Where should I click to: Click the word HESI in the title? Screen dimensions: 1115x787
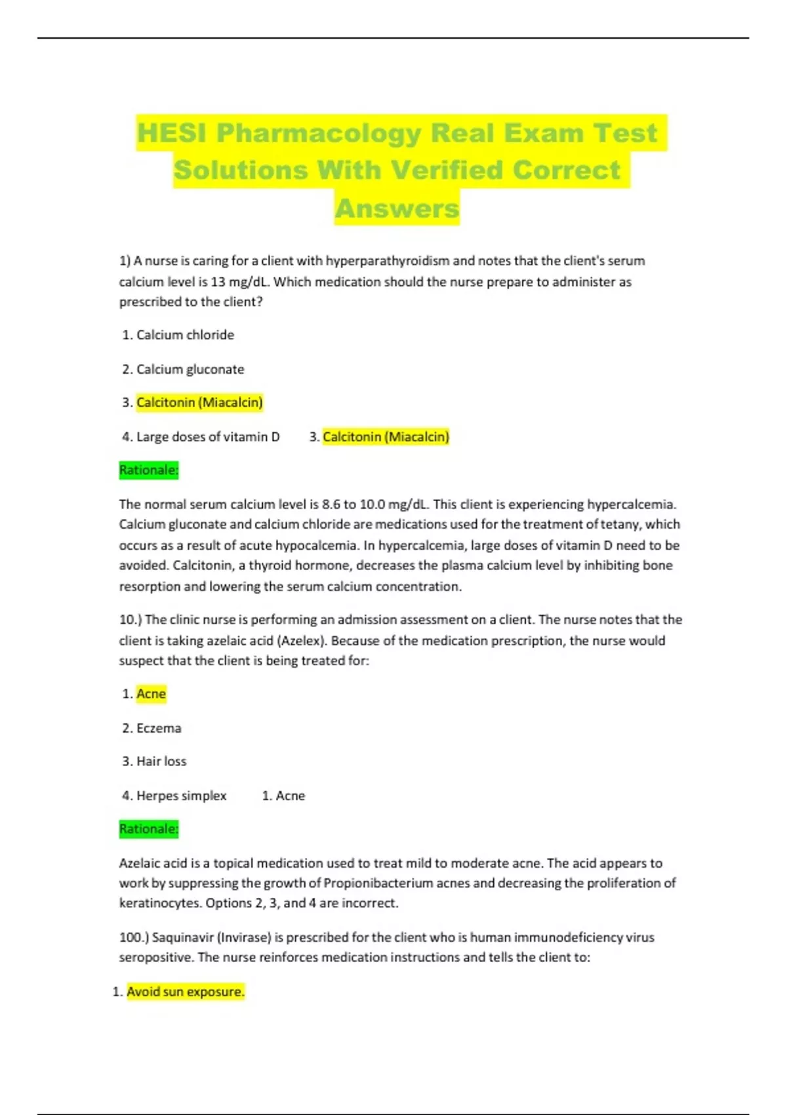coord(172,133)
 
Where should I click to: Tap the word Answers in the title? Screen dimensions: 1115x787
coord(397,209)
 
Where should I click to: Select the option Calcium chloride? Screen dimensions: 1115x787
coord(185,335)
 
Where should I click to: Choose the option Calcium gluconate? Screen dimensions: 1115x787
coord(190,369)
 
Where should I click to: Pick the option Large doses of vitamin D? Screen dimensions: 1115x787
coord(208,437)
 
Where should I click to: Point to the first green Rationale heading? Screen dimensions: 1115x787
coord(149,470)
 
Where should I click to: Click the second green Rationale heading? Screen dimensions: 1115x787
coord(149,829)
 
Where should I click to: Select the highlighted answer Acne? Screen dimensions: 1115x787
coord(151,694)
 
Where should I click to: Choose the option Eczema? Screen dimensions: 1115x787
coord(159,728)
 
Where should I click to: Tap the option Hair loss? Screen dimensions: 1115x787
coord(161,761)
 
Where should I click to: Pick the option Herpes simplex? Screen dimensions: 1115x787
coord(181,796)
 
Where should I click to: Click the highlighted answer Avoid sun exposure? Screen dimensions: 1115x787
coord(185,992)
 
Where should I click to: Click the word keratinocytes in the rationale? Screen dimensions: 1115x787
coord(160,903)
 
